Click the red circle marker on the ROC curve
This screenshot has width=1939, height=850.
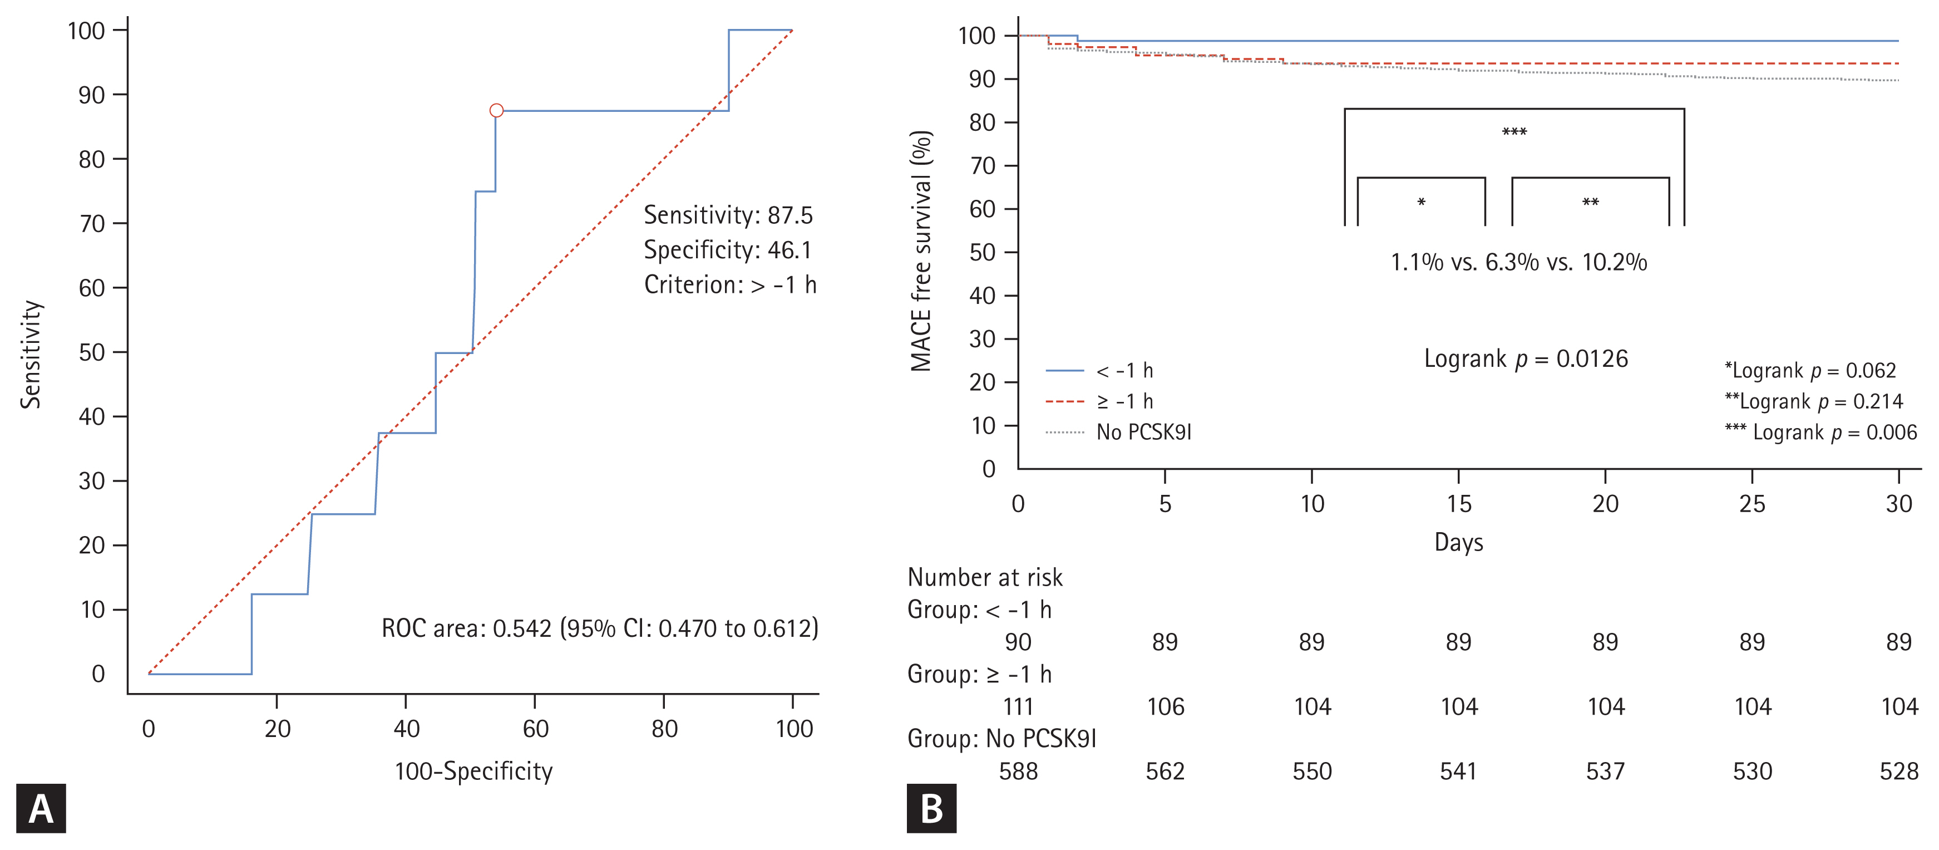[x=496, y=111]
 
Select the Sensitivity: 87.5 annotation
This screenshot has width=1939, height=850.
[x=728, y=215]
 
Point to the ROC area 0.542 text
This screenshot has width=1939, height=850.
[x=599, y=628]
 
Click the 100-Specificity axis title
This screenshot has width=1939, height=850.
[x=473, y=771]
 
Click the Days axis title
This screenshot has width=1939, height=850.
[x=1458, y=542]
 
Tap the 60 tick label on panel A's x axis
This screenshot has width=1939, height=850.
[x=535, y=729]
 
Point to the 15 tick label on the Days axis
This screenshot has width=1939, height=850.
[x=1458, y=504]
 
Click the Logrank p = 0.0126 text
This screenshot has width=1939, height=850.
[x=1526, y=358]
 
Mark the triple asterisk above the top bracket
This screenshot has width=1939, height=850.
[x=1514, y=132]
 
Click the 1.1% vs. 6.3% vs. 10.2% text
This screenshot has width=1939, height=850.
[x=1518, y=262]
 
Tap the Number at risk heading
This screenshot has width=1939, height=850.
[x=985, y=577]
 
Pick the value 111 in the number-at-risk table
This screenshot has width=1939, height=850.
[x=1018, y=707]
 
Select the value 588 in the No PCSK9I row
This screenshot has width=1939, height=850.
[x=1018, y=772]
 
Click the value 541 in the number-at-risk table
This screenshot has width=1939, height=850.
[x=1458, y=772]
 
